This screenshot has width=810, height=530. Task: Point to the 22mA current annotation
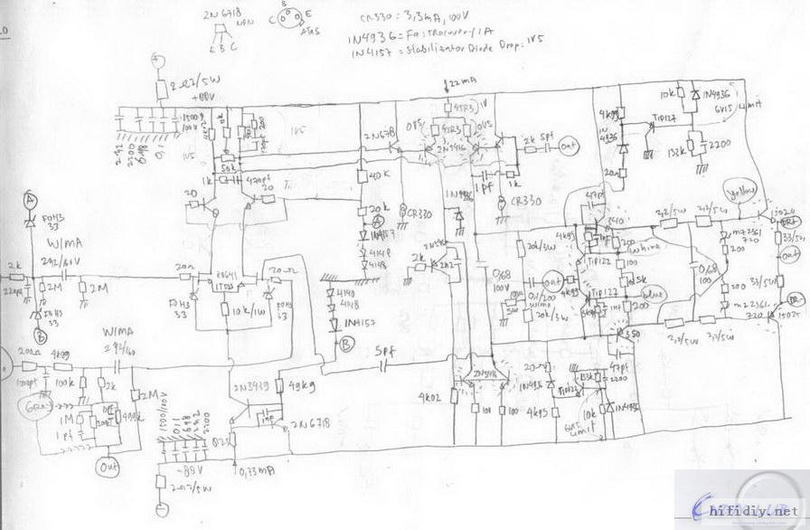click(462, 84)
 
